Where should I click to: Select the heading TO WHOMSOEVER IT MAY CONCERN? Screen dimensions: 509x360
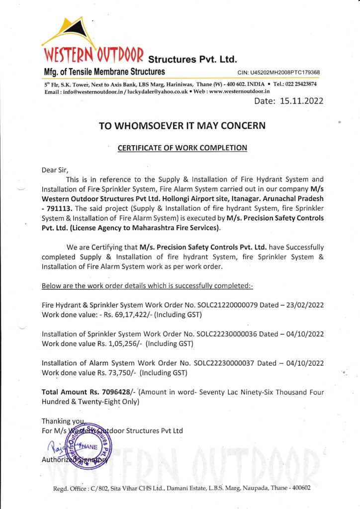pos(182,126)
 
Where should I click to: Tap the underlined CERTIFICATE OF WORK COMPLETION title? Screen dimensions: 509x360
pos(182,148)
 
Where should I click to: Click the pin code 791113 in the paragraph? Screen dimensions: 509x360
pos(57,208)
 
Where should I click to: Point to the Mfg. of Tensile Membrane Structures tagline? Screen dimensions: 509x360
pos(104,72)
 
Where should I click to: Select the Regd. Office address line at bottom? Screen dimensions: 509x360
pos(181,488)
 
